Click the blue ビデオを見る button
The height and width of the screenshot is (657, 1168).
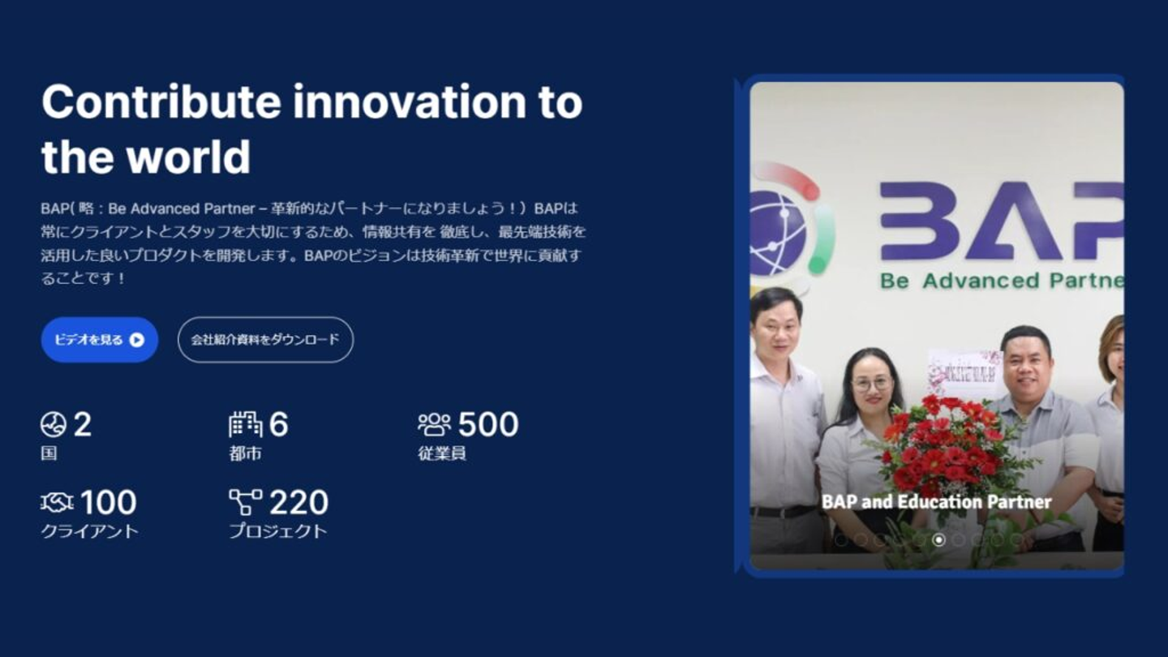100,340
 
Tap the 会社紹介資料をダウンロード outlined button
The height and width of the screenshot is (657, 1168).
265,340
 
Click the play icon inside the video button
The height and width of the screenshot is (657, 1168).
136,340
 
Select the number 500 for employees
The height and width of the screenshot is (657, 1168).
488,424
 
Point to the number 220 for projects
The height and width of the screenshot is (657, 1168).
298,502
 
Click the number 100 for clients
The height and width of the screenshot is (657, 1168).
109,502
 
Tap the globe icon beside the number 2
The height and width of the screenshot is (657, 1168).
54,424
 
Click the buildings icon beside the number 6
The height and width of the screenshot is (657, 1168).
245,424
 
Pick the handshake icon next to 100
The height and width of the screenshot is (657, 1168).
57,503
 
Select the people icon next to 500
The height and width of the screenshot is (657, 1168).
435,424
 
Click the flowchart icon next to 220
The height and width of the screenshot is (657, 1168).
246,502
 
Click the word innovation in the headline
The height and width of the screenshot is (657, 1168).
410,101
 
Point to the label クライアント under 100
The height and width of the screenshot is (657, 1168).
90,531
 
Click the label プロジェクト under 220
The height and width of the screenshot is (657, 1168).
278,531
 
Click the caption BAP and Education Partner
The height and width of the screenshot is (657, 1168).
937,501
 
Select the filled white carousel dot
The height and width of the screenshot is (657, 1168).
938,539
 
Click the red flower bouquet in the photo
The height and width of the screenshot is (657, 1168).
944,443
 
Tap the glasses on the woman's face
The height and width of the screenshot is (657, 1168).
872,384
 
